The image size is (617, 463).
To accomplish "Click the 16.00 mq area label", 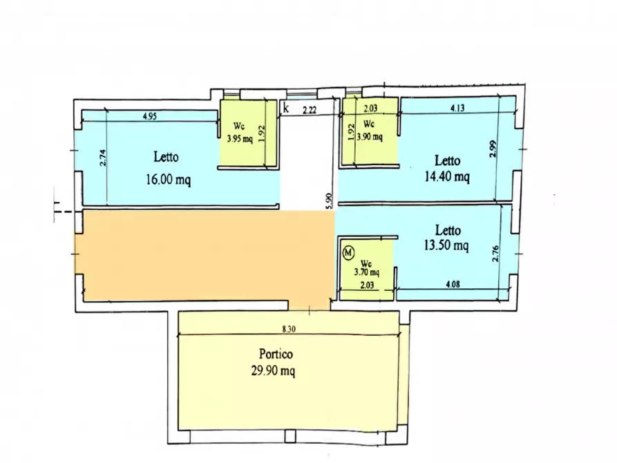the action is (x=169, y=180).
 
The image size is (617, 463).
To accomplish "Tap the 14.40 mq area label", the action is (x=447, y=176).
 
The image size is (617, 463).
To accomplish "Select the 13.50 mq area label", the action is (x=446, y=245).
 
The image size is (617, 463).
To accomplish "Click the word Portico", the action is (x=276, y=354).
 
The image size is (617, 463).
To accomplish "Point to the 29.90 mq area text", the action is (x=274, y=371).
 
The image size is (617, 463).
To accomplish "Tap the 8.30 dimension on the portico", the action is (x=289, y=329).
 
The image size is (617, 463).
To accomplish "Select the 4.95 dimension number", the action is (x=149, y=116).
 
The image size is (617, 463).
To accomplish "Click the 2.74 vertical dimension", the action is (x=103, y=158).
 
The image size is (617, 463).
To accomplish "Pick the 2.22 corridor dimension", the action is (x=310, y=110).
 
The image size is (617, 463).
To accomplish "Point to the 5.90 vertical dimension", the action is (x=330, y=200).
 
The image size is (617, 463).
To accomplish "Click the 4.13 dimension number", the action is (x=457, y=108).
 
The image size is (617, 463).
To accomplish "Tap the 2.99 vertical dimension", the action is (x=493, y=149).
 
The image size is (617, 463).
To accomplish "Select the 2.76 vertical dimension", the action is (x=495, y=254).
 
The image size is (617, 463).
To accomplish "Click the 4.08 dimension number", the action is (x=453, y=284).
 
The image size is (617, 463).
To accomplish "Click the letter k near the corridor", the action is (x=286, y=107).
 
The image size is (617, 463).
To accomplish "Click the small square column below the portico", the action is (x=290, y=436).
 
